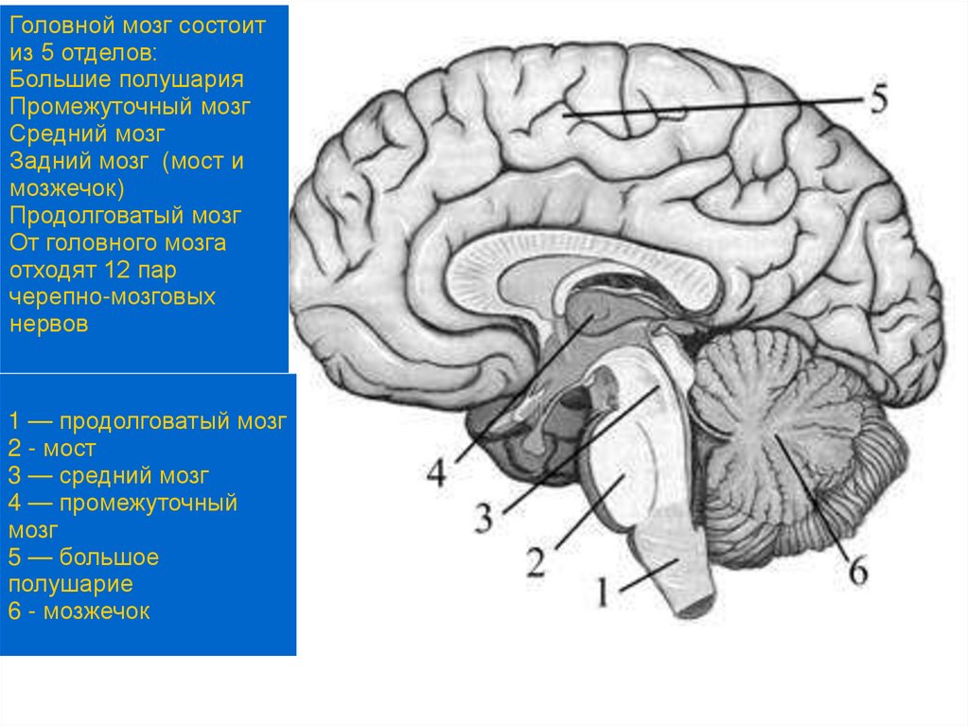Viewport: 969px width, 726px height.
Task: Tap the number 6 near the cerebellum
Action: pos(857,571)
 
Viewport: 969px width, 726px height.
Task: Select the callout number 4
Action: pos(435,471)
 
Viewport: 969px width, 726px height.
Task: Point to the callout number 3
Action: pos(484,517)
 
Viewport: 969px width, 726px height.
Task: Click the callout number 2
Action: pos(536,561)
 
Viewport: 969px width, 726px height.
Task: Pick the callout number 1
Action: pos(602,593)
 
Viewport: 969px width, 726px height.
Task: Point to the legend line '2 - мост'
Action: pos(52,448)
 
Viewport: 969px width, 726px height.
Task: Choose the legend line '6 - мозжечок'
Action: pos(79,611)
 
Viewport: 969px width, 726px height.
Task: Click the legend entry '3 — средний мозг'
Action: pos(108,475)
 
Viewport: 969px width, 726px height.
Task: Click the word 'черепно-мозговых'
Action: pos(113,297)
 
